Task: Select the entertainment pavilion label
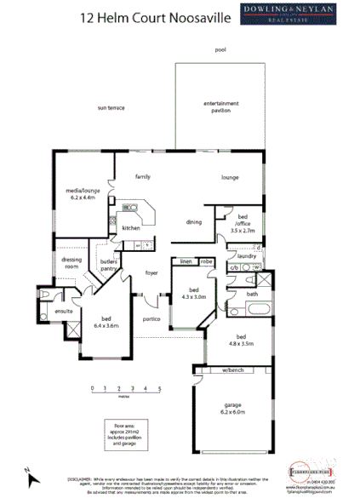click(x=220, y=106)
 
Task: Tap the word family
click(x=143, y=176)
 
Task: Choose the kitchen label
click(x=130, y=228)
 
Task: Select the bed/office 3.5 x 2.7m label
click(x=243, y=225)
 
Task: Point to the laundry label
click(x=248, y=255)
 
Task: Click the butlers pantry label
click(x=108, y=266)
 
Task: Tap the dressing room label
click(x=71, y=263)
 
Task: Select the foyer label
click(x=151, y=273)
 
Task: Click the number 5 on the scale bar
click(x=159, y=388)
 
